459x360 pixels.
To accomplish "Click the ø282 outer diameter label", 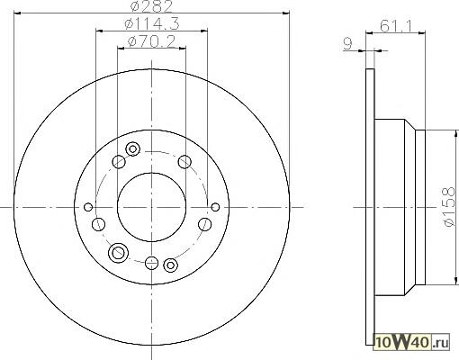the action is tap(152, 6).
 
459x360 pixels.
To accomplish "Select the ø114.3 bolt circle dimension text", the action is tap(152, 23).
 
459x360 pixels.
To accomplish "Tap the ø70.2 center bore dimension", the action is tap(151, 41).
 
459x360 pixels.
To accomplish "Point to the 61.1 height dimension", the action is tap(396, 26).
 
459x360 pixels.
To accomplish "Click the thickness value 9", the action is tap(347, 44).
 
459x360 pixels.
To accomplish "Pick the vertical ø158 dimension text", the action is tap(449, 207).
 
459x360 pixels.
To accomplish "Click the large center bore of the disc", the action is tap(151, 207).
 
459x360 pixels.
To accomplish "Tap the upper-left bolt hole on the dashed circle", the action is tap(119, 162).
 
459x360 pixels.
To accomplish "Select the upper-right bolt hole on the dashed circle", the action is tap(184, 162).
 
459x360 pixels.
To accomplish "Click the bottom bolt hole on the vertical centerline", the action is tap(151, 263).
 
